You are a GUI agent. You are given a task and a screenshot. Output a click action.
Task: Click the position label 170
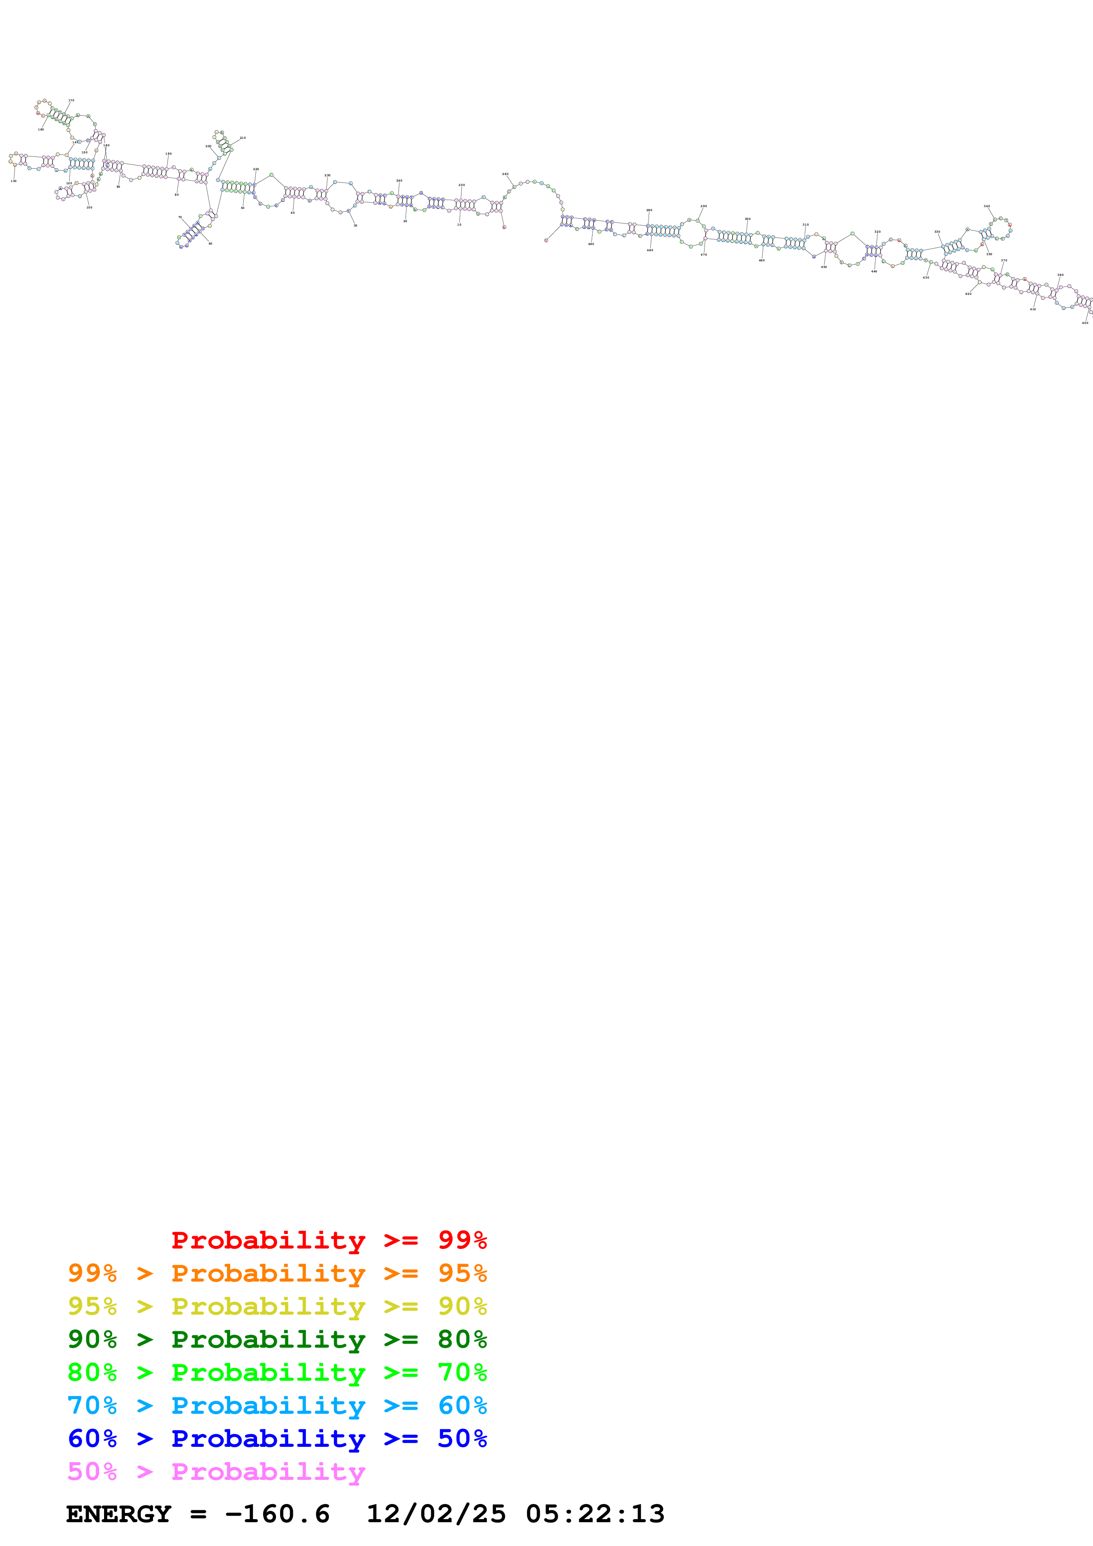click(x=71, y=100)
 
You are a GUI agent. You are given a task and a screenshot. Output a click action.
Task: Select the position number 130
click(x=14, y=180)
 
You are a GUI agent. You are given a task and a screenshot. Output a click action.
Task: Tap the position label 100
click(x=89, y=208)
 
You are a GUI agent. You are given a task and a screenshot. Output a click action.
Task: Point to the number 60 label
click(x=210, y=244)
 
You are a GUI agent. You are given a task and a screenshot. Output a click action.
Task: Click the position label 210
click(x=242, y=138)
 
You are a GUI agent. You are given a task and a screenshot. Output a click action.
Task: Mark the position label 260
click(x=505, y=174)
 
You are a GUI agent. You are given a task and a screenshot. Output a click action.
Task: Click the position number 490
click(x=591, y=244)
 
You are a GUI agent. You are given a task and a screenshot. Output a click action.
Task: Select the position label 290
click(x=704, y=206)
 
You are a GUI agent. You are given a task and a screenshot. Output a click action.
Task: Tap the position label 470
click(x=704, y=255)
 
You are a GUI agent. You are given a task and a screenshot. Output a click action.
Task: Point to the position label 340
click(x=987, y=206)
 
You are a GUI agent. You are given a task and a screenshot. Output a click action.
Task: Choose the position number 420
click(x=968, y=294)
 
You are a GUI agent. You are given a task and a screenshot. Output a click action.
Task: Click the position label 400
click(x=1084, y=323)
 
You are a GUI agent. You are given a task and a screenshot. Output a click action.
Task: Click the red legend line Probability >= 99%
click(x=328, y=1240)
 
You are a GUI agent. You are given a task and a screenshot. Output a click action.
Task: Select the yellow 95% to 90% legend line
click(x=277, y=1306)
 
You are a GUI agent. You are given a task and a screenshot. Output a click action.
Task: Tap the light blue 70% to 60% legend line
click(x=277, y=1405)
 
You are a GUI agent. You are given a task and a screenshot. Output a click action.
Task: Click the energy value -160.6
click(x=277, y=1514)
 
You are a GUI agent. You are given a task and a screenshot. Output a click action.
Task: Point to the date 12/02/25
click(x=436, y=1514)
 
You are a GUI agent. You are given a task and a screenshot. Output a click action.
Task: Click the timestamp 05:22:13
click(x=595, y=1514)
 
